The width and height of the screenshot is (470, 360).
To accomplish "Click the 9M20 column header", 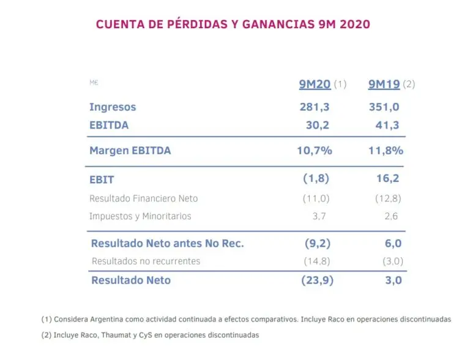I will click(315, 84).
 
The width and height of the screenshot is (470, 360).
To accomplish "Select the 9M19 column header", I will click(384, 84).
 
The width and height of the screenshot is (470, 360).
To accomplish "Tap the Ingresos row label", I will click(113, 107).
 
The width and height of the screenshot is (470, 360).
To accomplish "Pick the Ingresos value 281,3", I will click(315, 107).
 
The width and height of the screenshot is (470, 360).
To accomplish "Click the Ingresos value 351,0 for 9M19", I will click(384, 107).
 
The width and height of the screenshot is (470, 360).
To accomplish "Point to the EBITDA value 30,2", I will click(318, 125).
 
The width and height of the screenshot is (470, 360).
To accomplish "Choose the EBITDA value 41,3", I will click(387, 125).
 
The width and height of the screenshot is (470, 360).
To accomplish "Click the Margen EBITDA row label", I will click(130, 151).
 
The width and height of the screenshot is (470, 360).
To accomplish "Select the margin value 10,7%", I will click(315, 151).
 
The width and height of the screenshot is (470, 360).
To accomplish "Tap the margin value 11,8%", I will click(385, 151).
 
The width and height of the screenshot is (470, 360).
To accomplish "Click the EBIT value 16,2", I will click(388, 179).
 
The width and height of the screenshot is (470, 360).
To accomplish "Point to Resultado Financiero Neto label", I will click(143, 198).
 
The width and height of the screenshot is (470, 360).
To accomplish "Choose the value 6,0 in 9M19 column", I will click(394, 243).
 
